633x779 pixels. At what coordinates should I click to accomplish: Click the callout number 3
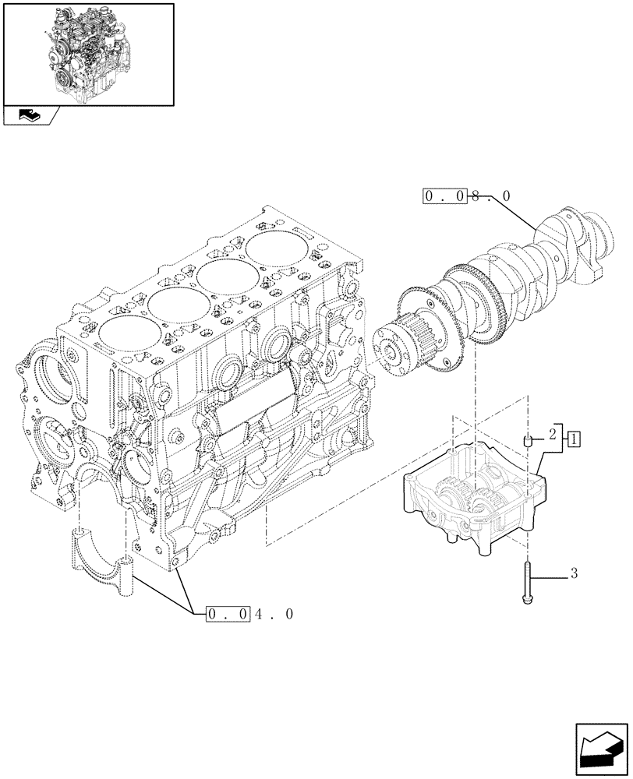(x=574, y=575)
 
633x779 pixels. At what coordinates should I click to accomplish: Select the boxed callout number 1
(x=573, y=439)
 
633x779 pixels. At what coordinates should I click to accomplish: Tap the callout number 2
(x=552, y=433)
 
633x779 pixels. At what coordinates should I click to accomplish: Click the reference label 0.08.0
(x=467, y=196)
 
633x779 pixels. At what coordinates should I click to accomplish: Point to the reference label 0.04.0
(x=249, y=615)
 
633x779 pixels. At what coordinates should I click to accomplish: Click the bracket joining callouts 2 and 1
(x=563, y=439)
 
